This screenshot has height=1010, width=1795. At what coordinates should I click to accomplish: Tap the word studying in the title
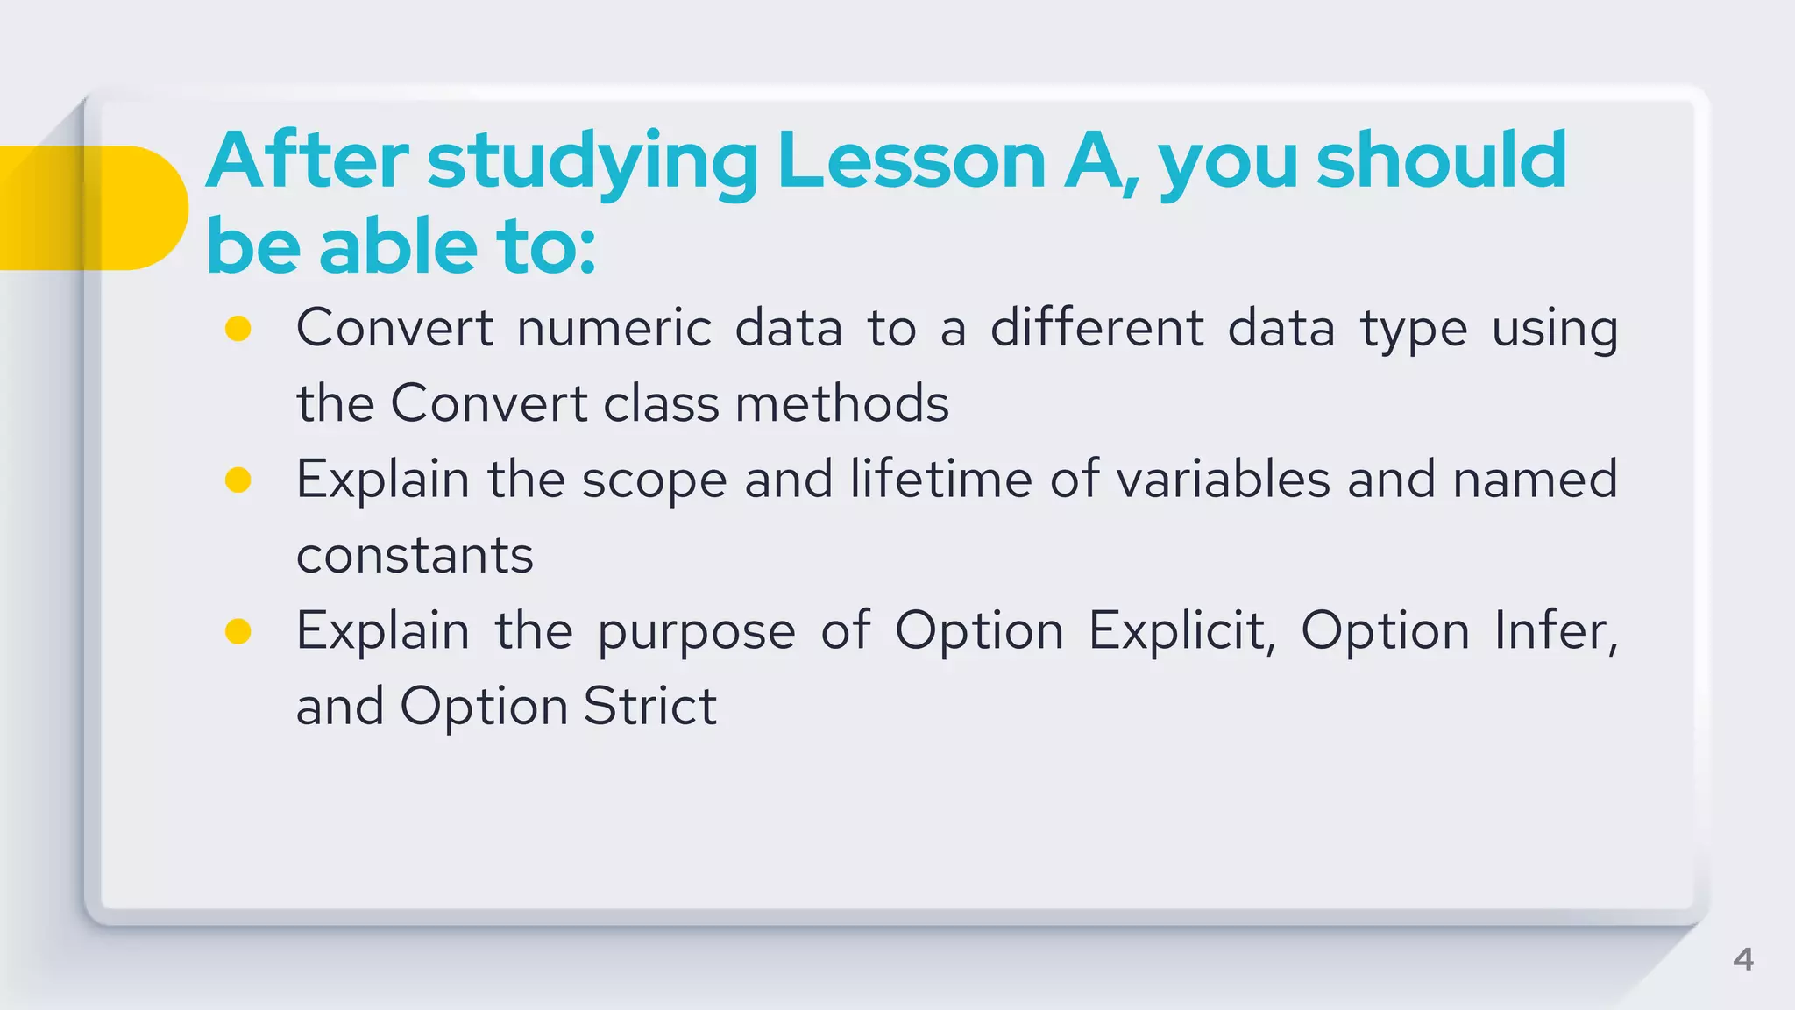[x=592, y=162]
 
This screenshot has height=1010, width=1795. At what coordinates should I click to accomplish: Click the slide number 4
[x=1742, y=959]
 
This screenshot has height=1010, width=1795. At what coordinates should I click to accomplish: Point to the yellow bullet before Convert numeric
[x=238, y=329]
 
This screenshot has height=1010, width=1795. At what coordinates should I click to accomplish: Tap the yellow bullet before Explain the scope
[x=238, y=480]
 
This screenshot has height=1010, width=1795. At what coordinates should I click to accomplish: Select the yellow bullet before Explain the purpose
[x=238, y=631]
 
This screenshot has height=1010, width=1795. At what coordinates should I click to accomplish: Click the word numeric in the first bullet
[x=614, y=329]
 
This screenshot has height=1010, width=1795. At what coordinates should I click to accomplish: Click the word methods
[x=841, y=404]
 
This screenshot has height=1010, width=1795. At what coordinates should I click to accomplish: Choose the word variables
[x=1223, y=480]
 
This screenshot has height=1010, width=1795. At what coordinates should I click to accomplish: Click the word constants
[x=415, y=556]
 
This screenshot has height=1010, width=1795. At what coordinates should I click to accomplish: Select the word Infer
[x=1555, y=631]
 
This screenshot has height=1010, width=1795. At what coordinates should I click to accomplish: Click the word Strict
[x=649, y=707]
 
